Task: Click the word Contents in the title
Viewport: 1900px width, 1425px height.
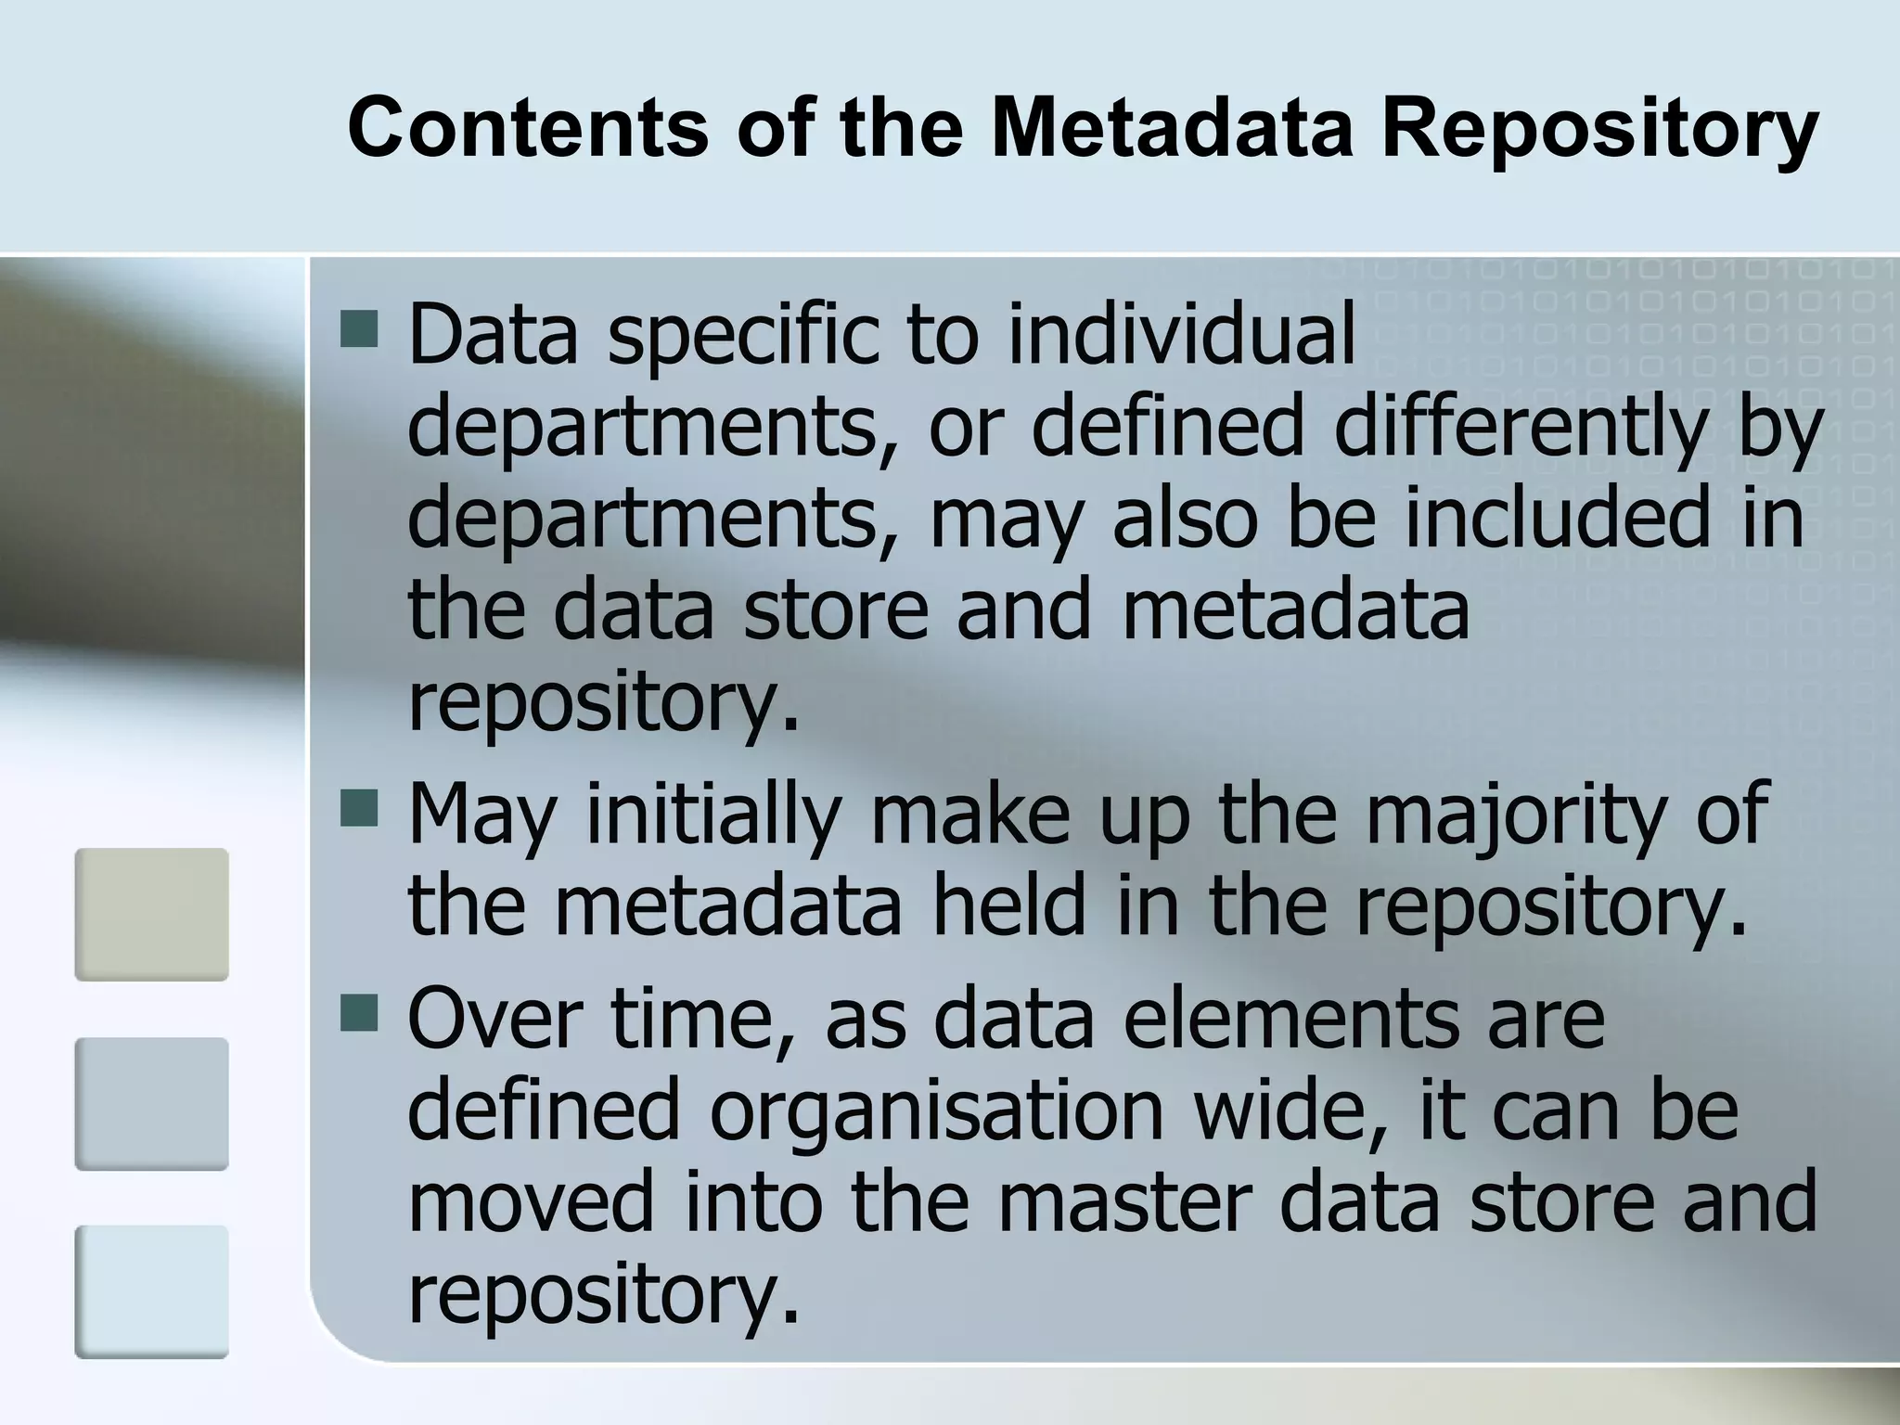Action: (x=528, y=128)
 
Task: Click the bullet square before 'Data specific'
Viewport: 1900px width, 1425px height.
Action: (x=359, y=328)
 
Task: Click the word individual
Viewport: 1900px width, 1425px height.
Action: (x=1181, y=333)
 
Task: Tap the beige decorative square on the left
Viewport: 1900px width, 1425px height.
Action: (x=151, y=915)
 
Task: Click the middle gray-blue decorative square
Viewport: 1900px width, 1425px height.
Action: (x=151, y=1104)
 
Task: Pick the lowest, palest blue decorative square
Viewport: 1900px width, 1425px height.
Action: (x=151, y=1292)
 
